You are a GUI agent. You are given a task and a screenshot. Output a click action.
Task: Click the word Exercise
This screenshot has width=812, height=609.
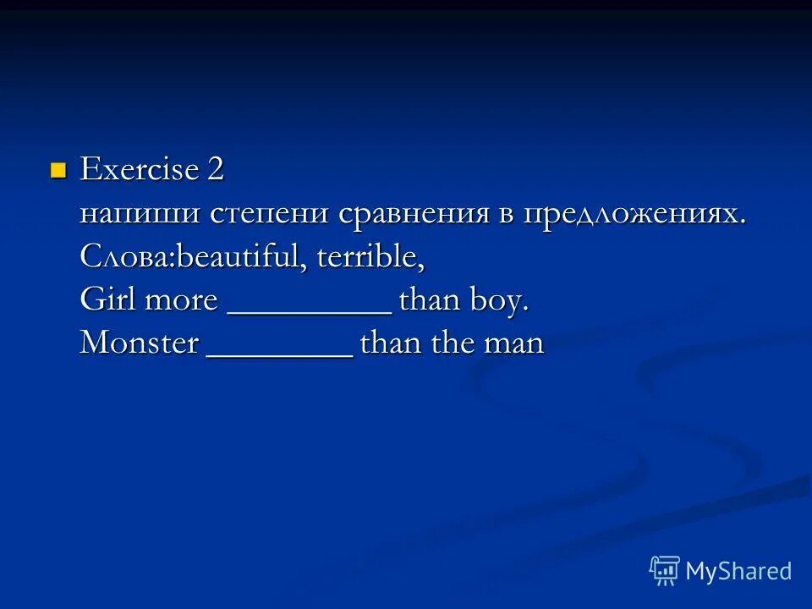point(139,170)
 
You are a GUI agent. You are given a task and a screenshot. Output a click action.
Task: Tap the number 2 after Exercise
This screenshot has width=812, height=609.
point(215,170)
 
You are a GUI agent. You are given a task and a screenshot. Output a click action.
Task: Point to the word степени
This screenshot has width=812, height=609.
point(271,214)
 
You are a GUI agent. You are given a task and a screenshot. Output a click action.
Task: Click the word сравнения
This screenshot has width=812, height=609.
point(414,214)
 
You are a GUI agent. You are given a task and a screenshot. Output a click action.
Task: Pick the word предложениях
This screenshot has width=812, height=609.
point(634,214)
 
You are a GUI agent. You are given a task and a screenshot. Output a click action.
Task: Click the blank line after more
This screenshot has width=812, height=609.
point(310,311)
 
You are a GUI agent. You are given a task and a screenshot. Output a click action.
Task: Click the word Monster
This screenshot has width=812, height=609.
point(139,344)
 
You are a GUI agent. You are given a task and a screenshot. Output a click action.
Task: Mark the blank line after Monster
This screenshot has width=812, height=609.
point(280,355)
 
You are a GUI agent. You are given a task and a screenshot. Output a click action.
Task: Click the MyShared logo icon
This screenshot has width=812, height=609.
point(665,571)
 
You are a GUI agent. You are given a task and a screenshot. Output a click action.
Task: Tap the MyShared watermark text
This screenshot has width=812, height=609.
point(738,572)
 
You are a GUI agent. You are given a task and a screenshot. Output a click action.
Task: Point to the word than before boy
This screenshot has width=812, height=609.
point(427,301)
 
